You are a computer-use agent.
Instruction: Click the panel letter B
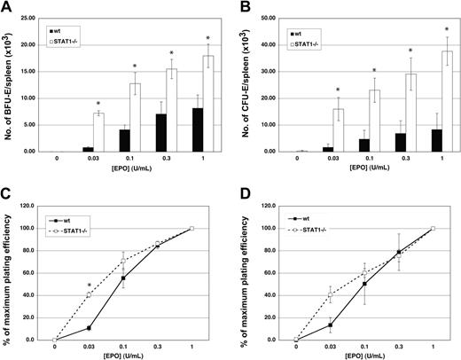coord(239,8)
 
